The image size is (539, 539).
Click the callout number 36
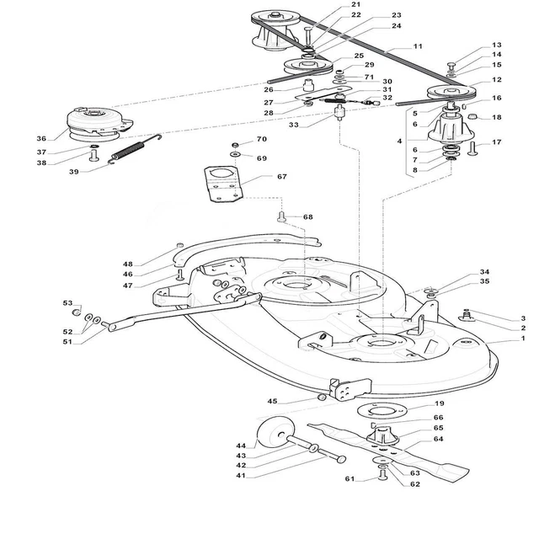pos(41,138)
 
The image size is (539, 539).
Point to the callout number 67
pos(282,176)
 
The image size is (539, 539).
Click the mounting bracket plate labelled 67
pos(223,184)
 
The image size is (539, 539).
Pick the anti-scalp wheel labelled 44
pos(275,432)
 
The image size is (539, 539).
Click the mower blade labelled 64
pos(388,448)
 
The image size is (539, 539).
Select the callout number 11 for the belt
pos(418,46)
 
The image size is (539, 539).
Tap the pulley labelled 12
pos(451,92)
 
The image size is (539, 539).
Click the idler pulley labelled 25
pos(308,66)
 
